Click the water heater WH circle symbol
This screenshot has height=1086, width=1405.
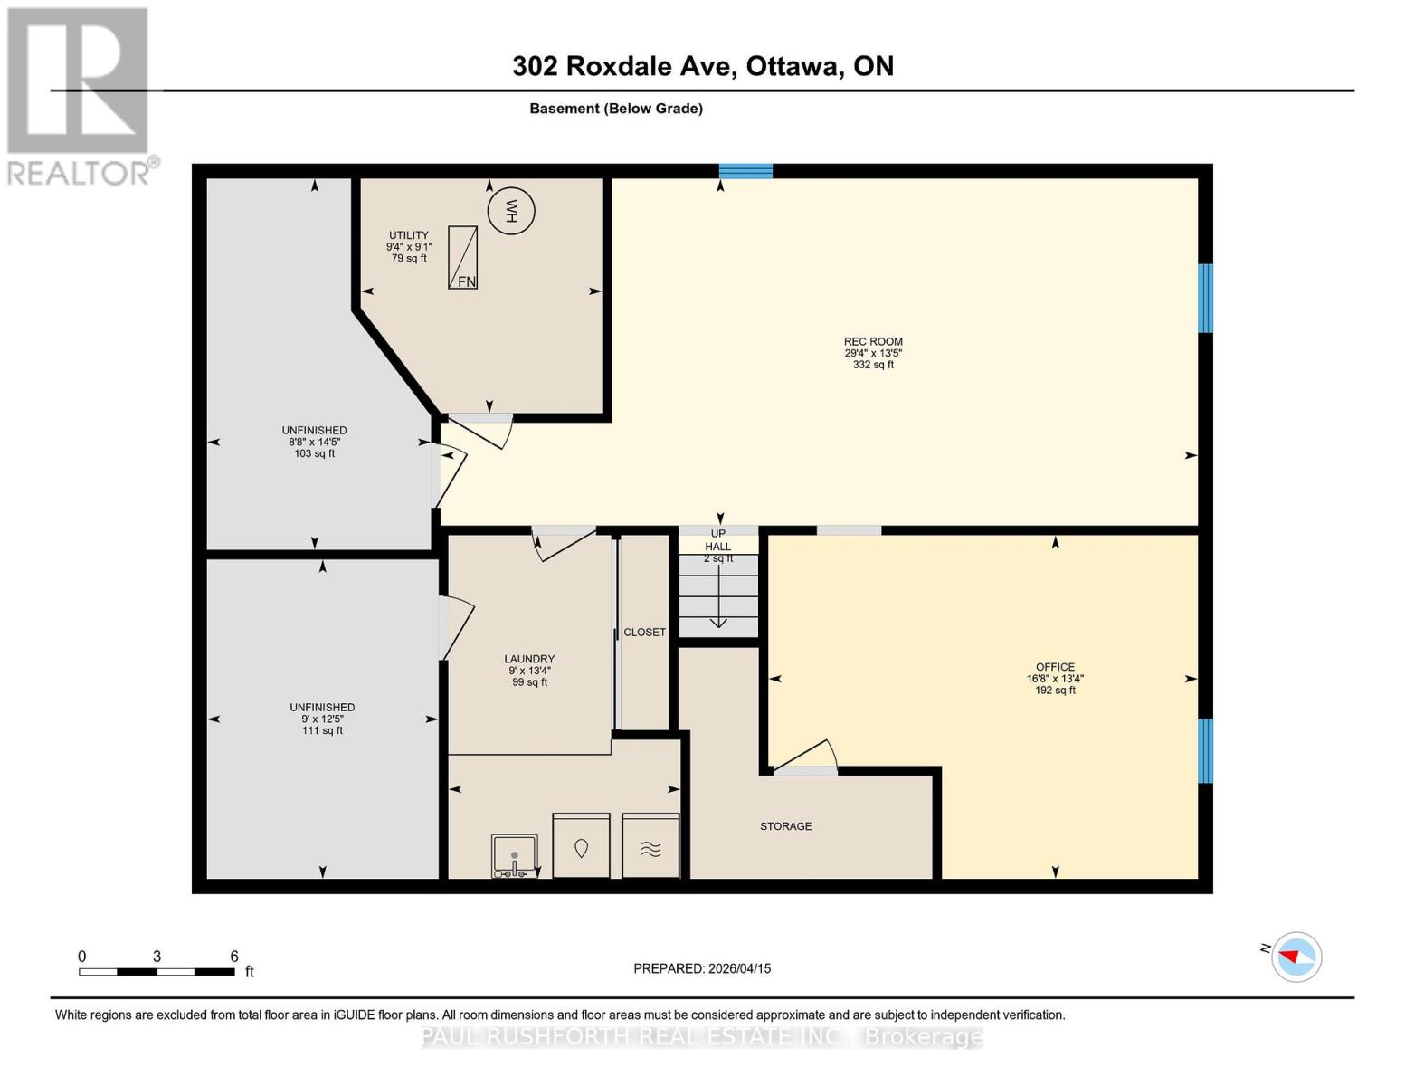(511, 212)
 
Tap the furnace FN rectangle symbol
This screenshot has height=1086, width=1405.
(462, 258)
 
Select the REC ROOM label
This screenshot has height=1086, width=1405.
(873, 342)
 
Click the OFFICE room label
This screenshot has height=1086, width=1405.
(1055, 667)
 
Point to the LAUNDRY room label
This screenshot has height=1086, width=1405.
(529, 660)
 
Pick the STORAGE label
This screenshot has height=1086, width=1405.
(785, 826)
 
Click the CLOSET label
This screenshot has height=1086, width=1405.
(644, 633)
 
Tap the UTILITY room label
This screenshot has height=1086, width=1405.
(409, 235)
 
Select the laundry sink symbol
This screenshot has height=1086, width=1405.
(515, 855)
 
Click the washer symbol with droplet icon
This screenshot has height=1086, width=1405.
(581, 847)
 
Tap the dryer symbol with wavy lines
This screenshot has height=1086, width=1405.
(650, 847)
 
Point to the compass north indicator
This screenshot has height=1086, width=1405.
(1296, 957)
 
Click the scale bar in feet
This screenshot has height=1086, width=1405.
(157, 971)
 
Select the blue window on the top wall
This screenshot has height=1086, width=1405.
(745, 171)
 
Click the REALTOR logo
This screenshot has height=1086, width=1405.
(80, 95)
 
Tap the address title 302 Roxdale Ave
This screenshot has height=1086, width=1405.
(702, 66)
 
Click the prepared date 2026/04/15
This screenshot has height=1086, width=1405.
(702, 968)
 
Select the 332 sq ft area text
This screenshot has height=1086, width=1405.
(873, 365)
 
